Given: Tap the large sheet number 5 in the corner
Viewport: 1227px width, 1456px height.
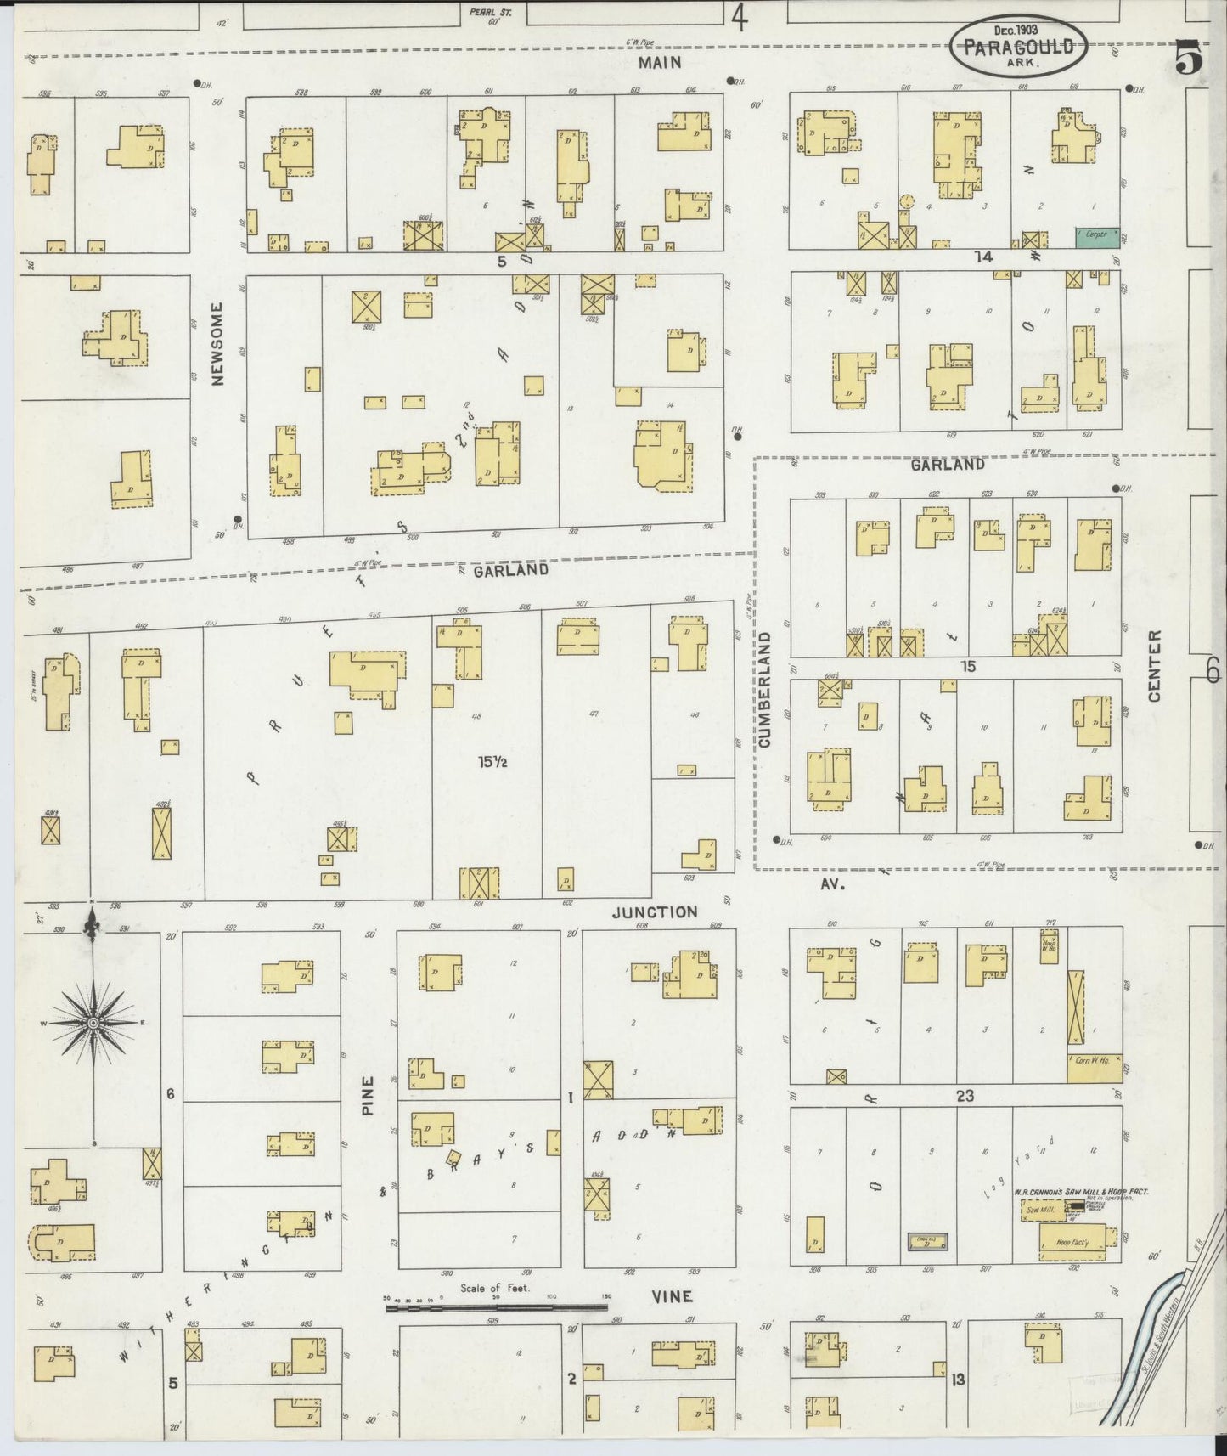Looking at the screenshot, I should point(1188,59).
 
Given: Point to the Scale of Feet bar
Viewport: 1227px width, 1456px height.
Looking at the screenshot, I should point(497,1308).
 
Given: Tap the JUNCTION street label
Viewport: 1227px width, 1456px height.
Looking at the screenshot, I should point(655,912).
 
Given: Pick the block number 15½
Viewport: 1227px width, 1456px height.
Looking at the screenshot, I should point(492,763).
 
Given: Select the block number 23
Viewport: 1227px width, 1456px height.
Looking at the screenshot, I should point(965,1096).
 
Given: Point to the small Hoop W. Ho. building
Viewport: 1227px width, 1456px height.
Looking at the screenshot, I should point(1050,942).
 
